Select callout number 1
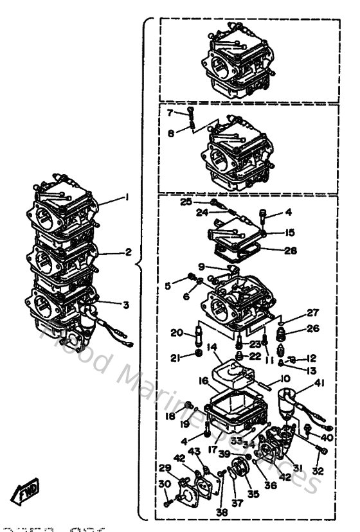pos(127,197)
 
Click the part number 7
pos(170,112)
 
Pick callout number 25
pos(185,201)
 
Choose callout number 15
pos(290,233)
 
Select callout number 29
pos(165,467)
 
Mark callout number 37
pos(237,503)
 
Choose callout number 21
pos(174,357)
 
